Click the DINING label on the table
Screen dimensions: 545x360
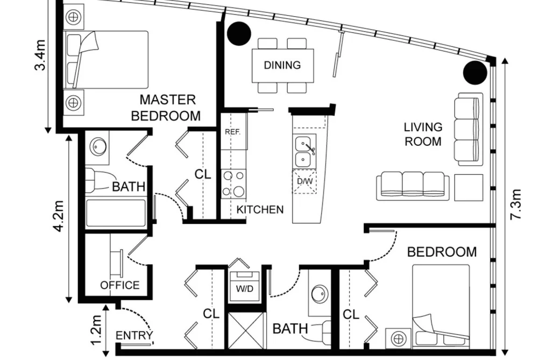[282, 65]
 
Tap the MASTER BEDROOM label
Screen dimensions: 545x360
[166, 108]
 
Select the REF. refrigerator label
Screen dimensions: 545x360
[232, 132]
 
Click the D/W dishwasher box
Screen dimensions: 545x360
[305, 181]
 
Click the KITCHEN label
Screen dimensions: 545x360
[260, 209]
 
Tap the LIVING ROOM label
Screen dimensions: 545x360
[423, 134]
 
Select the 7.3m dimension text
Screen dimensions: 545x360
[516, 204]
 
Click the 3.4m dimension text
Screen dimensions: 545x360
[40, 55]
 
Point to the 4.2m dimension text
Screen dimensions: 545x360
[59, 216]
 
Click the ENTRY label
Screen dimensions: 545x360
[134, 336]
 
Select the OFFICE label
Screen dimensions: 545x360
[120, 285]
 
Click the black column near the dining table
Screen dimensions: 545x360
[239, 33]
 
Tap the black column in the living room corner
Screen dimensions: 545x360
[475, 72]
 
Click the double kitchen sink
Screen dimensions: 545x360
[305, 152]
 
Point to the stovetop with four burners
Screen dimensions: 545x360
[234, 184]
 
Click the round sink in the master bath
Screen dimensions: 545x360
[98, 147]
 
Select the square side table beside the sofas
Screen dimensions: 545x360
[469, 188]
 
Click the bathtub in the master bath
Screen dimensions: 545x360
[116, 213]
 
